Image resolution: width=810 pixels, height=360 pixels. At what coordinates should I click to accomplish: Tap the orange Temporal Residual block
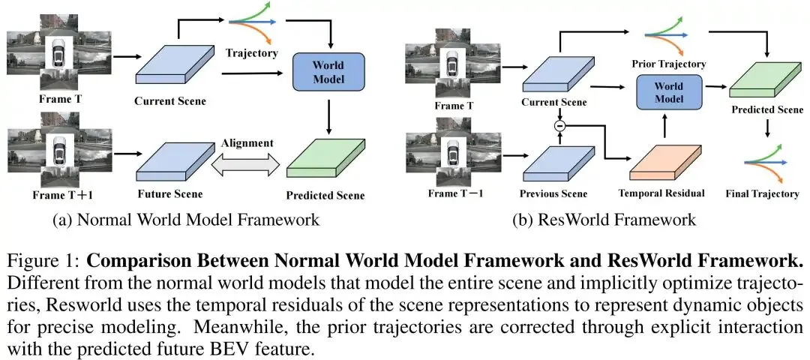tap(666, 161)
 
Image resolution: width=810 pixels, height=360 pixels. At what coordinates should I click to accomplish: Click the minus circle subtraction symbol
tap(559, 125)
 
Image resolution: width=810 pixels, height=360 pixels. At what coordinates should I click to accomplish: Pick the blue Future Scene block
tap(169, 161)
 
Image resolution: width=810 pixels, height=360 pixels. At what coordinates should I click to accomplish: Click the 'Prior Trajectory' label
tap(669, 64)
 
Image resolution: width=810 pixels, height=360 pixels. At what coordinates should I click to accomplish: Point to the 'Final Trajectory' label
tap(761, 193)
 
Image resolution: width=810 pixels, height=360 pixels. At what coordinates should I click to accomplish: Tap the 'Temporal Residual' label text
tap(661, 193)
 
